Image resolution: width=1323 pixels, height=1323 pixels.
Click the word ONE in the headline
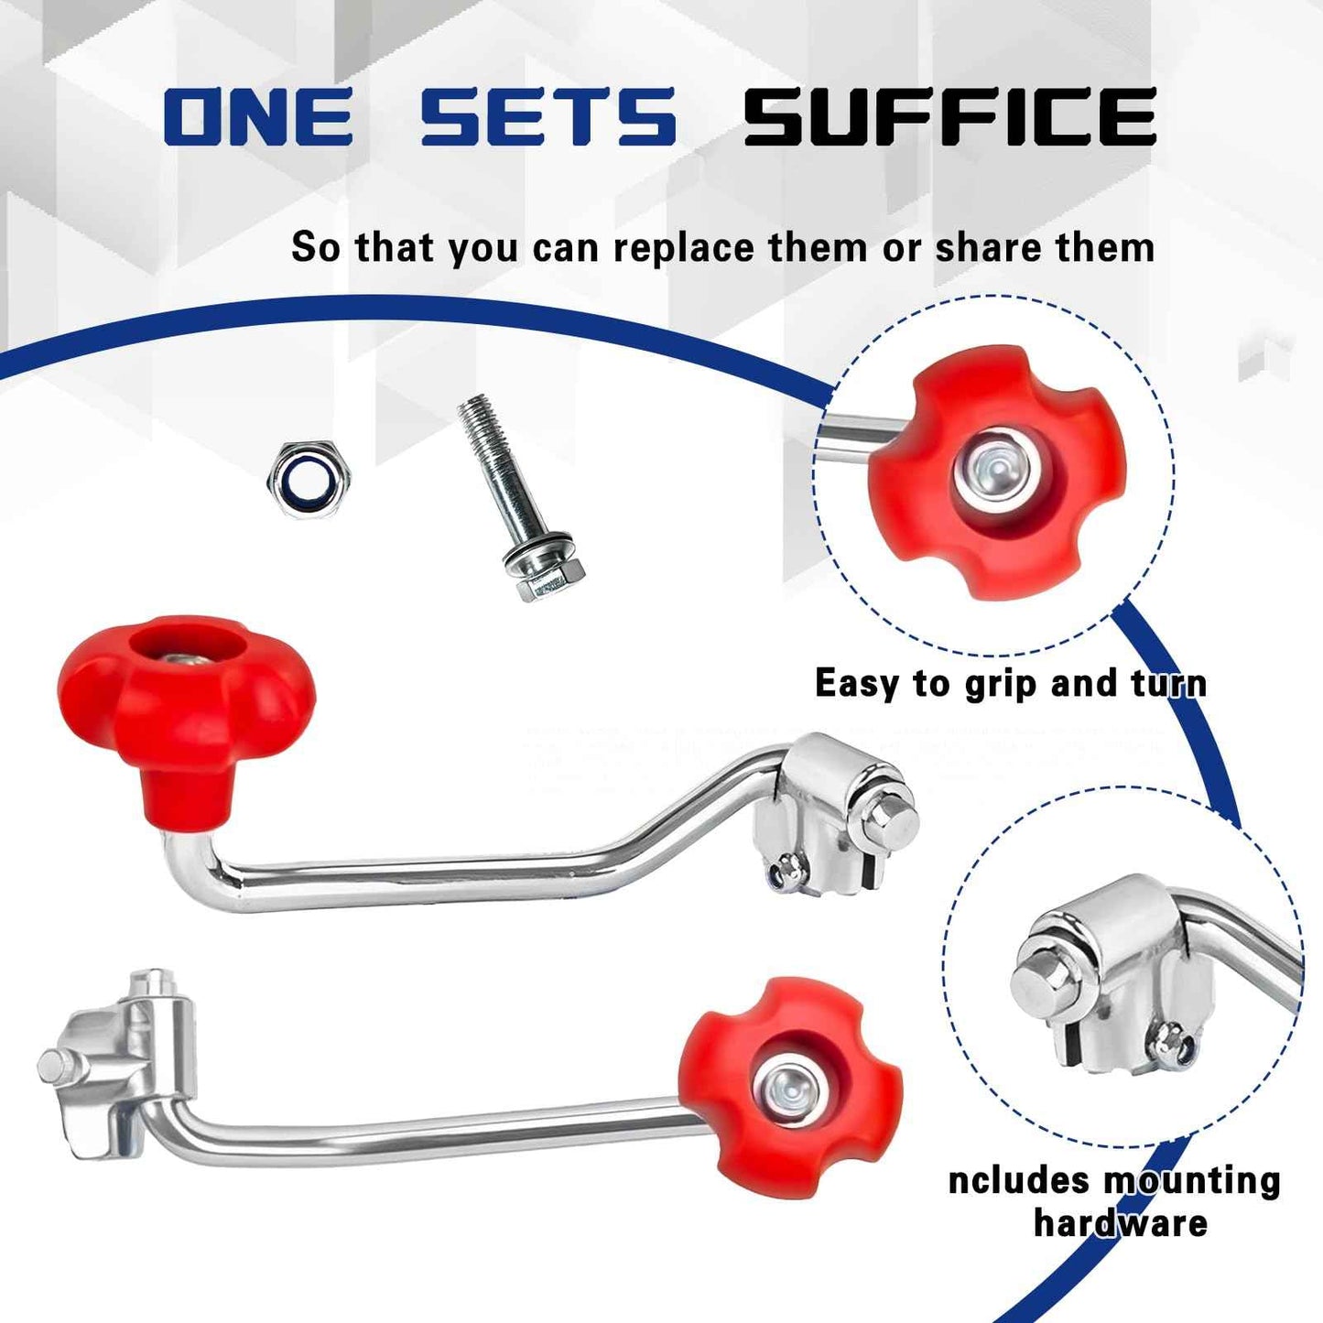pos(258,116)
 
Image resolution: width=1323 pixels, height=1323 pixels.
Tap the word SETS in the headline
pos(548,116)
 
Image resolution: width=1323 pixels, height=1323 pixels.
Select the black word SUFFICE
pos(949,116)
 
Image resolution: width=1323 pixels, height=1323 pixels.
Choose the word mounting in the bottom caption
pos(1191,1181)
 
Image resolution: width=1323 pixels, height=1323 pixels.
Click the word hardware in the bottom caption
pos(1121,1223)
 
